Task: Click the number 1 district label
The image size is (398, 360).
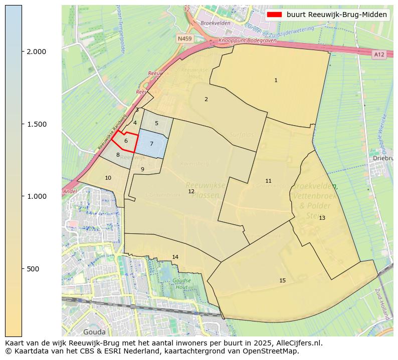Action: coord(276,80)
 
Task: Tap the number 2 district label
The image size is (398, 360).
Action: coord(206,99)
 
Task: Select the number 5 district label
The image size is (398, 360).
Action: coord(156,123)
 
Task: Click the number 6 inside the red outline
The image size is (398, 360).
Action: coord(126,141)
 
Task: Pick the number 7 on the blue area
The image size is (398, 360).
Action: coord(151,144)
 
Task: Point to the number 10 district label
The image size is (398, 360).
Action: coord(108,178)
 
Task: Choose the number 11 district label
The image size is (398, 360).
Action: coord(268,181)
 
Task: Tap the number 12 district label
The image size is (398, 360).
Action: coord(191,191)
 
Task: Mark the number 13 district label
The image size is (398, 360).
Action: coord(322,218)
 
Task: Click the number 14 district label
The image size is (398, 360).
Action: coord(175,257)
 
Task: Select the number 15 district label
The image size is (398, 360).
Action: coord(282,280)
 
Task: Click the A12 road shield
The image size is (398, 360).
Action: coord(379,54)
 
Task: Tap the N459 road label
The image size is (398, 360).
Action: coord(184,38)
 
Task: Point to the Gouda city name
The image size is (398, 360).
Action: coord(94,331)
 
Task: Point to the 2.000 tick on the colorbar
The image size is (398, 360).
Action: coord(36,52)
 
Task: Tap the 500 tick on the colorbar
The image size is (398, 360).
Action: coord(34,269)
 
